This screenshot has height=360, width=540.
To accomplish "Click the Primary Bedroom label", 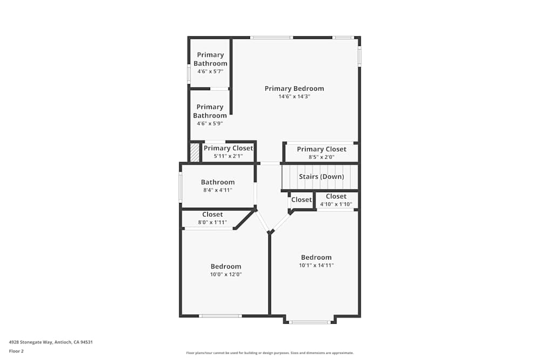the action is point(294,89).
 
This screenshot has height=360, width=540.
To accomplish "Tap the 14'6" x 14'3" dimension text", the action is point(294,97).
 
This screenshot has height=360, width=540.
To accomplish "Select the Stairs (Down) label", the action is point(321,176).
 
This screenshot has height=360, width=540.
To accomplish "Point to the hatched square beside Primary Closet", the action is point(195,152).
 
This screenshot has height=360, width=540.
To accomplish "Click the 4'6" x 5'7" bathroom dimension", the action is point(210,72).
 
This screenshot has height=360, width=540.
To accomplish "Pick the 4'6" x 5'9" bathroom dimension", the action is point(210,124).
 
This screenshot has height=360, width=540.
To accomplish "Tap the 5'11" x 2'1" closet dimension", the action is point(228,157).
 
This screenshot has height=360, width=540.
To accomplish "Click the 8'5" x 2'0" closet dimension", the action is point(321,157).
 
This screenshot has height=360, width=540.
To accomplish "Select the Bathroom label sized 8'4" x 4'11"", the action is point(218,182).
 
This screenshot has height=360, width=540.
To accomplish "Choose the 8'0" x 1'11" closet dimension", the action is point(212,222).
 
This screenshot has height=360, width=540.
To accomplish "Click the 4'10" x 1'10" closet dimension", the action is point(336,204).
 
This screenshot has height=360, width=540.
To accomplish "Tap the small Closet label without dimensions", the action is point(301,200).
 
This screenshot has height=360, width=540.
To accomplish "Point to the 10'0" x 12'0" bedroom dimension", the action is point(226,275).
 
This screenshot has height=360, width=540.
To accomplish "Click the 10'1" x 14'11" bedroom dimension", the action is point(316,266).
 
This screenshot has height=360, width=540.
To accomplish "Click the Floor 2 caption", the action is point(16,351).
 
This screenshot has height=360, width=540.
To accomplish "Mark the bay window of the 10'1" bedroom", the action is point(309,322).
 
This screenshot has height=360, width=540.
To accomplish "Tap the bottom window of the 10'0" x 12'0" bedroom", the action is point(220,316).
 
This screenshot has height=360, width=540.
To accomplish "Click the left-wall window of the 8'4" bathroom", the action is point(180,187).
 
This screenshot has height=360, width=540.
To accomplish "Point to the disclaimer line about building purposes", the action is point(269,353).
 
